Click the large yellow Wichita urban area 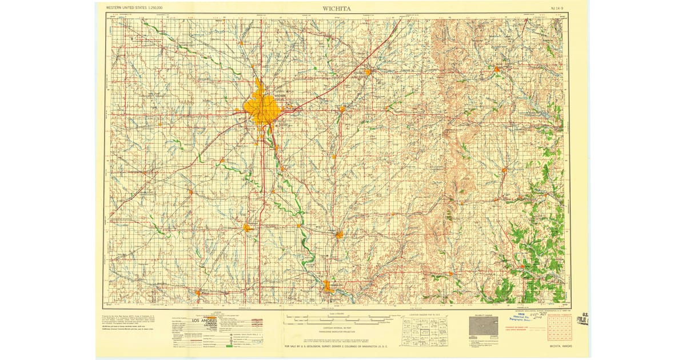[262, 107]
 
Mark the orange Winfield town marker [339, 234]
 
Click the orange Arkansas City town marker [328, 286]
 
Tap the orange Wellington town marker [247, 227]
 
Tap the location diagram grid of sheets [424, 331]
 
